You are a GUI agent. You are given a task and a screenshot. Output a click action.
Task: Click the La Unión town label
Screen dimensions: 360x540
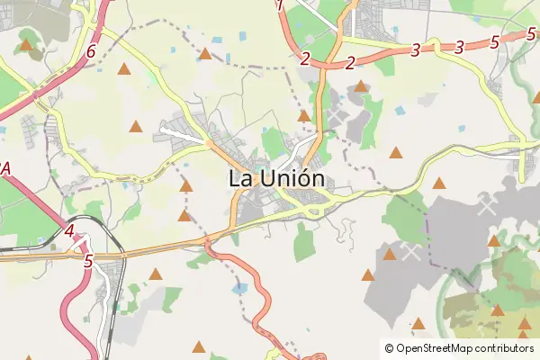coord(276,178)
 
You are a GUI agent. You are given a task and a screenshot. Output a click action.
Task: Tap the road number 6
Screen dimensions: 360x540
coord(91,52)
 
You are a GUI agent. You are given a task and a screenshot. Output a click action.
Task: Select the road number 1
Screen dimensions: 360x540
coord(280,5)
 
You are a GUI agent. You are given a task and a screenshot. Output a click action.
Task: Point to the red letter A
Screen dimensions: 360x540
coord(5,168)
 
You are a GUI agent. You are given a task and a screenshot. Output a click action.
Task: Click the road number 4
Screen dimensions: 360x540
coord(69,231)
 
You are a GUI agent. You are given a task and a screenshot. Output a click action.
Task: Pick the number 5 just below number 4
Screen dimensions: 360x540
coord(87,262)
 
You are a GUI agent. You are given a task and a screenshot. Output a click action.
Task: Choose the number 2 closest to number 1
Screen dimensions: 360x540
coord(306,59)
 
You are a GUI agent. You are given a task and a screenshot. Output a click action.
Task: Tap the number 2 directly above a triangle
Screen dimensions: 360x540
coord(350,62)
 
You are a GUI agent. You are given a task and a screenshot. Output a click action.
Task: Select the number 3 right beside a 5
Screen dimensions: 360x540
coord(460,47)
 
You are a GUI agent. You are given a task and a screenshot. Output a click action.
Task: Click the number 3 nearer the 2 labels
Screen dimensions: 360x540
coord(415,50)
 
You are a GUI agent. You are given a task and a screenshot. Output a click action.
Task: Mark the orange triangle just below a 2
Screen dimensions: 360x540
coord(361,86)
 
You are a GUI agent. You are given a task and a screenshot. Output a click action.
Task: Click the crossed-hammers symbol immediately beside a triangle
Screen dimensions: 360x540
coord(411,252)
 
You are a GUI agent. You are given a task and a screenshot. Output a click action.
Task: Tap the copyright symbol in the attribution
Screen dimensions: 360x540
coord(389,348)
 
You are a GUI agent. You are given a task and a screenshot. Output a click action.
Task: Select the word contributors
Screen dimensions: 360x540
coord(505,348)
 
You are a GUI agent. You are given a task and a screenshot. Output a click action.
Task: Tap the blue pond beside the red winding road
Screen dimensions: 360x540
coord(238,289)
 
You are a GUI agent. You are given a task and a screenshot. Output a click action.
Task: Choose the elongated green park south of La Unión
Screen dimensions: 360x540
coord(305,243)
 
